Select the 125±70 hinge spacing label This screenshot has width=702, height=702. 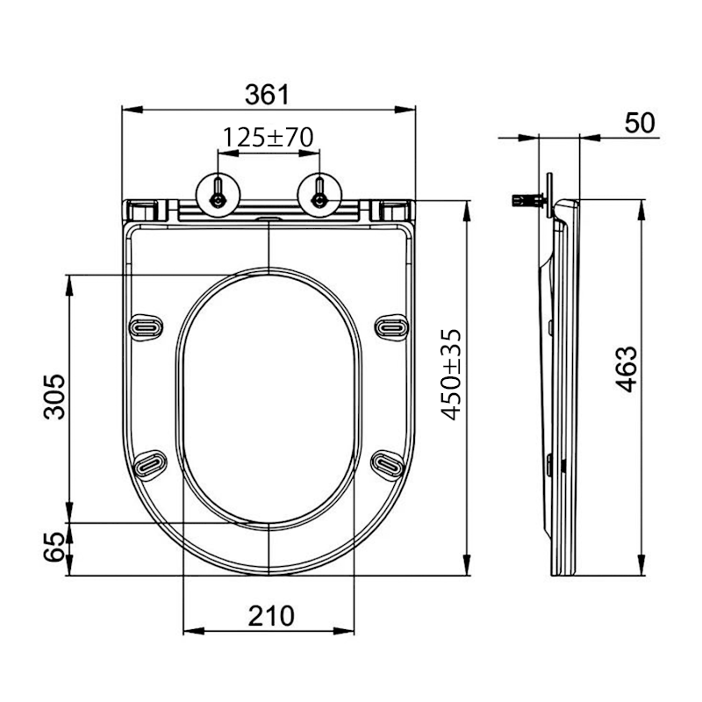(268, 137)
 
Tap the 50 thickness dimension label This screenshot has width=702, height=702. (640, 123)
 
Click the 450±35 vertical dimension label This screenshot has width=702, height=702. (450, 375)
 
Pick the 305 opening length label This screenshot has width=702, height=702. (54, 396)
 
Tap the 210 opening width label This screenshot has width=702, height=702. (269, 616)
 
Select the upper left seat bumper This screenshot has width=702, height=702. (146, 326)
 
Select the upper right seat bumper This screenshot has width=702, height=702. (390, 326)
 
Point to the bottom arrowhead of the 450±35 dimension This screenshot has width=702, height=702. (465, 569)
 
